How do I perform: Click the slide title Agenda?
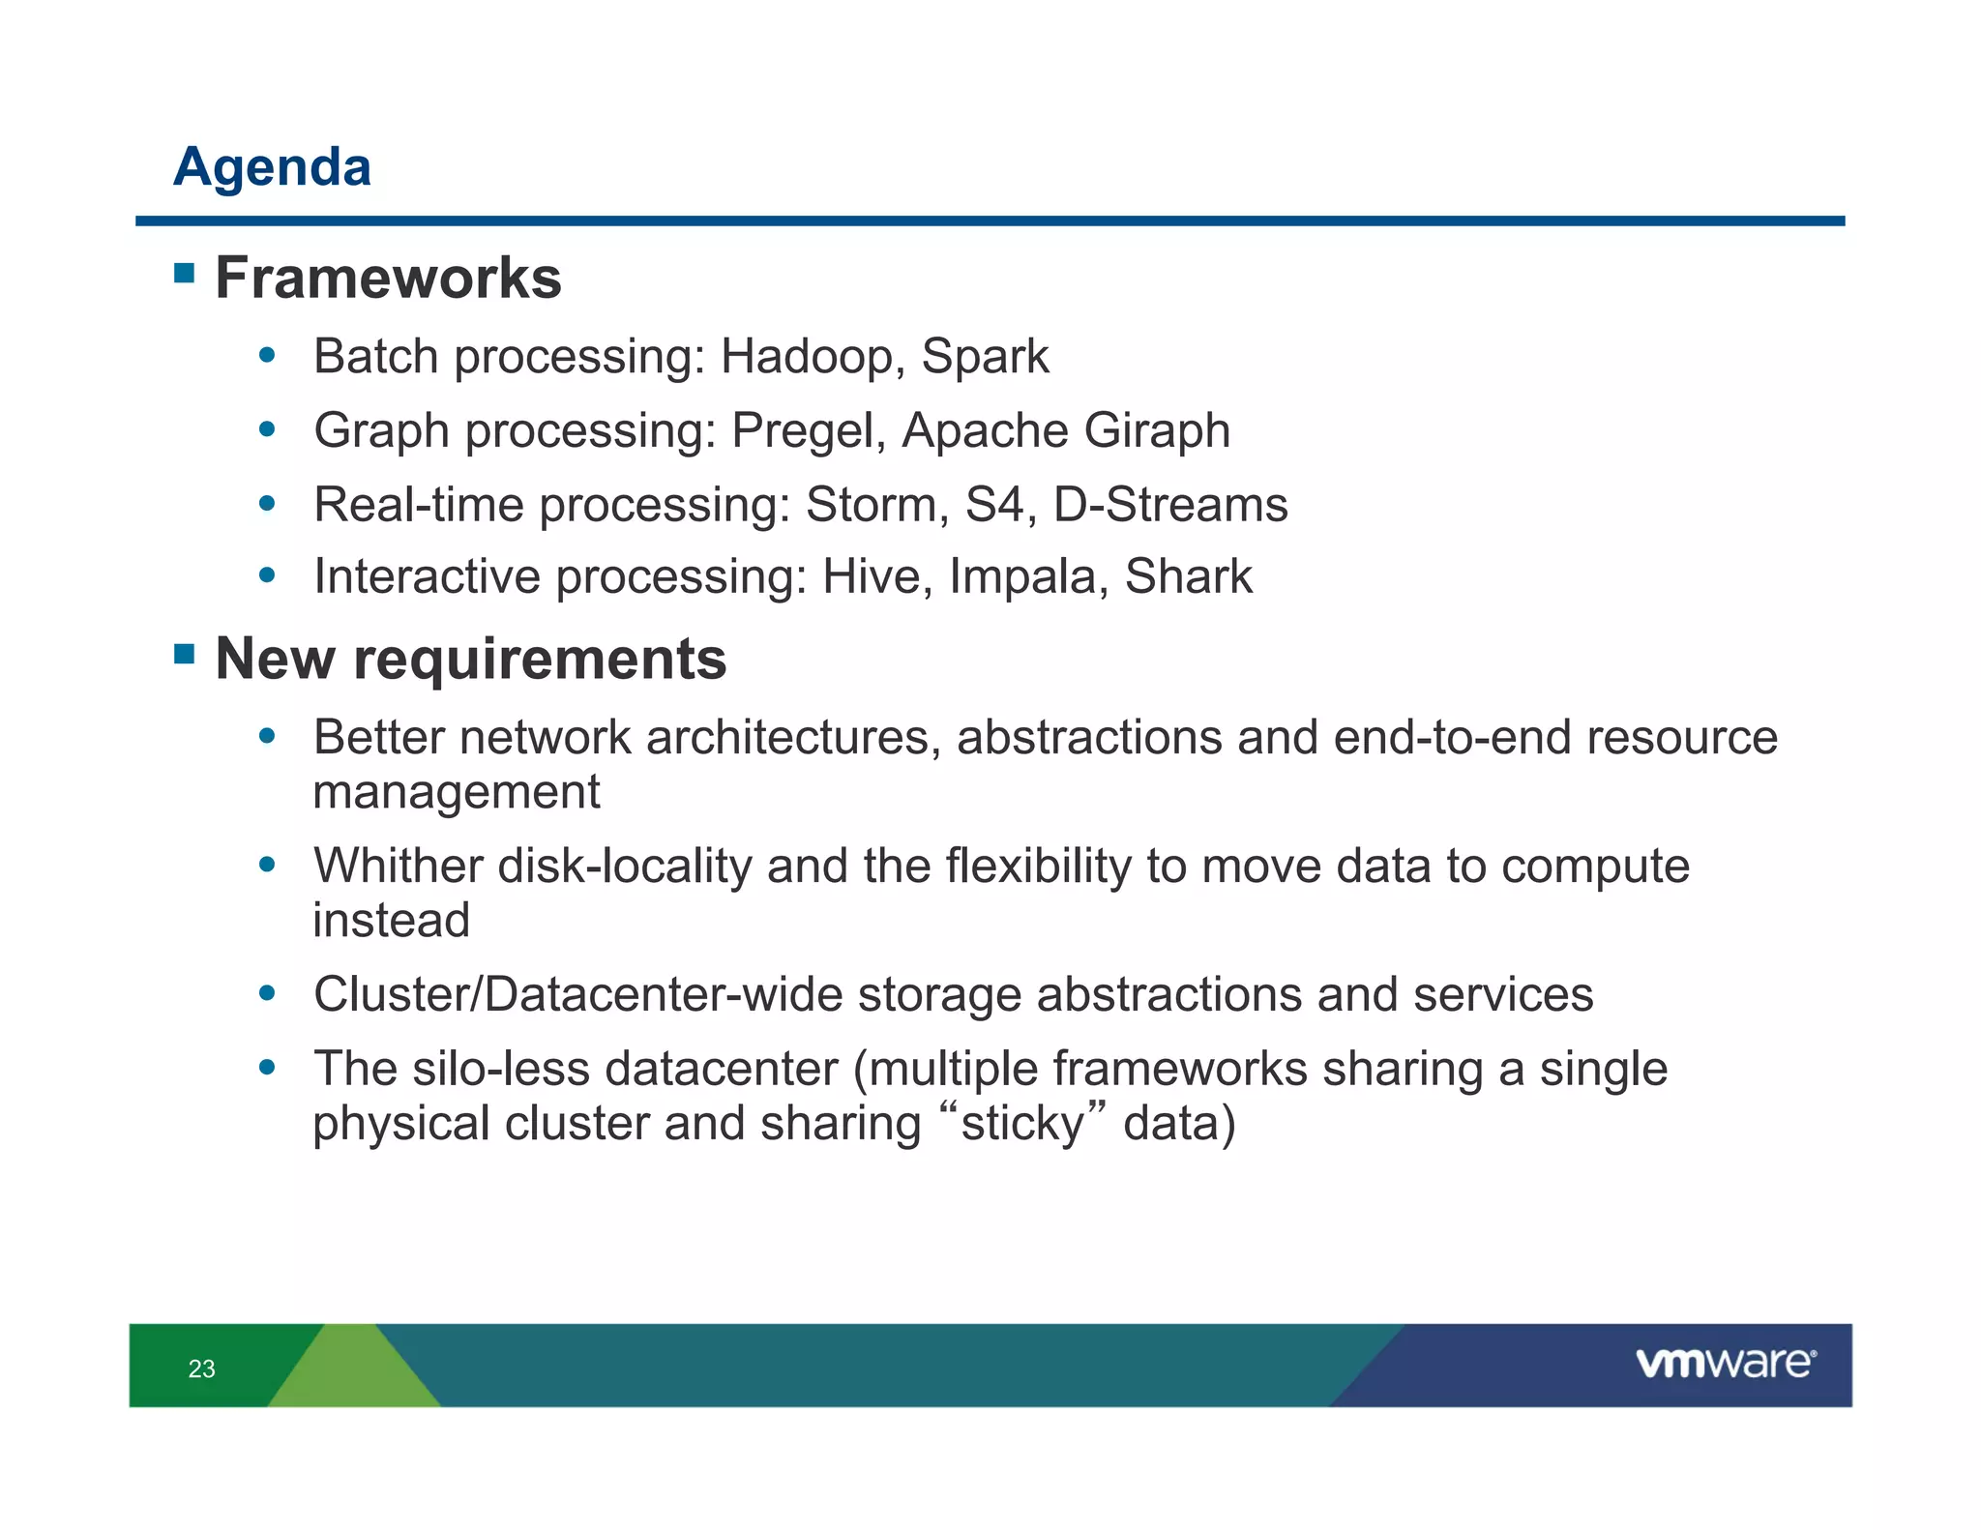pos(272,166)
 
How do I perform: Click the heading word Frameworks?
pos(388,279)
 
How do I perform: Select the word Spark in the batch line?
pos(984,357)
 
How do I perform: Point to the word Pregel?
pos(809,431)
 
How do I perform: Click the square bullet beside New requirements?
pos(184,655)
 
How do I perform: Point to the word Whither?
pos(398,866)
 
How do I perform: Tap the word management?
pos(456,793)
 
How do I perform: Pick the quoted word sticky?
pos(1021,1125)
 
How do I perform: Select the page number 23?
pos(201,1368)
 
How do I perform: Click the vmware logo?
pos(1725,1363)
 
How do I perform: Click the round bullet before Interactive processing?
pos(268,576)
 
